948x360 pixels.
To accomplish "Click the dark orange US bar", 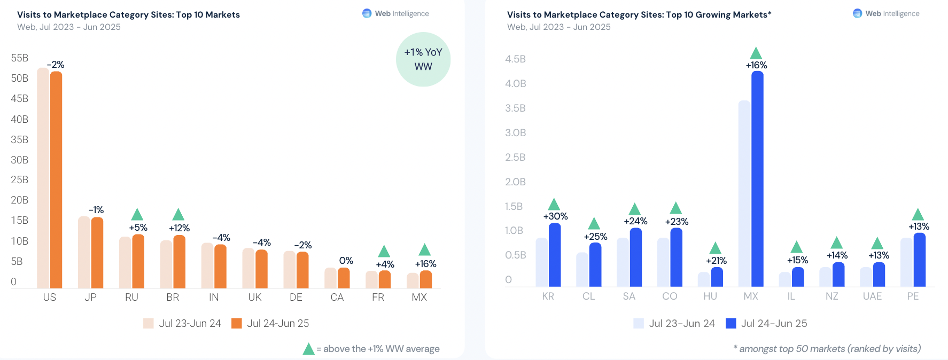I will click(x=56, y=179).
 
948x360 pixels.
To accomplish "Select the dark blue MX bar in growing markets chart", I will click(x=757, y=179).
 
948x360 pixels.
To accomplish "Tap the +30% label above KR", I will click(x=555, y=216).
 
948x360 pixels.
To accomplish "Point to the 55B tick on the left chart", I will click(x=20, y=58).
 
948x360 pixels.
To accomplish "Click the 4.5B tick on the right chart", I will click(x=515, y=59).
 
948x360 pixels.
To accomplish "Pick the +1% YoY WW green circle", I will click(x=423, y=59).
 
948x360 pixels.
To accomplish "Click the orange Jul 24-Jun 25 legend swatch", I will click(x=237, y=323).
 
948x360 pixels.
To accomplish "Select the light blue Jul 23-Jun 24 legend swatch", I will click(x=639, y=323).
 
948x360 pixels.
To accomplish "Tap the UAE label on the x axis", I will click(x=872, y=296).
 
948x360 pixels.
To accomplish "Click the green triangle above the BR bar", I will click(x=178, y=215).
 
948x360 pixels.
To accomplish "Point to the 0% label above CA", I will click(x=346, y=261).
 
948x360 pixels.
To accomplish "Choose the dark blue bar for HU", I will click(x=717, y=277).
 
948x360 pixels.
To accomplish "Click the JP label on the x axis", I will click(x=90, y=297).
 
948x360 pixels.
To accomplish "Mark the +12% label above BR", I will click(x=179, y=228).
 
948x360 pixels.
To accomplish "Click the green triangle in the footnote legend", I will click(x=308, y=349).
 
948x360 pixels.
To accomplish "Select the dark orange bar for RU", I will click(x=138, y=261).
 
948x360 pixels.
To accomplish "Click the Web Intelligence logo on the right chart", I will click(x=857, y=13).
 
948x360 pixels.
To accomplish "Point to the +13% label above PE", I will click(x=919, y=226).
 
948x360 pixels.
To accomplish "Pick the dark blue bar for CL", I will click(x=595, y=265).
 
